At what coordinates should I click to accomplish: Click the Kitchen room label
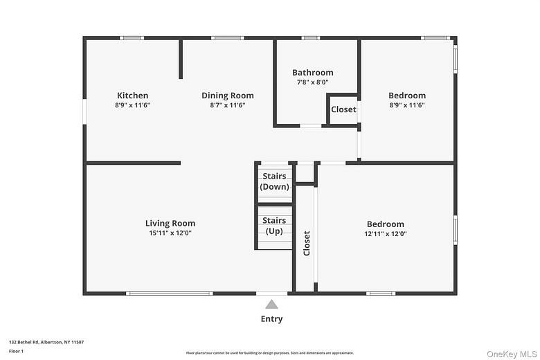(x=132, y=96)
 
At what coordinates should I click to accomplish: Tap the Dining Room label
(x=227, y=96)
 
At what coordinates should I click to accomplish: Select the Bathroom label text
(x=312, y=72)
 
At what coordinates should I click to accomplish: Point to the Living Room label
(x=170, y=223)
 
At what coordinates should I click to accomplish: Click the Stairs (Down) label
(x=274, y=181)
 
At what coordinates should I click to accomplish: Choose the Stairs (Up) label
(x=274, y=225)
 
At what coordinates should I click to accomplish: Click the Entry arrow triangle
(x=272, y=304)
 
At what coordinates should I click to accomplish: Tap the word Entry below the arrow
(x=271, y=319)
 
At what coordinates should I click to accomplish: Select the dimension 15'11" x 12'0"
(x=170, y=233)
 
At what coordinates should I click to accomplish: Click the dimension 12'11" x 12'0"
(x=386, y=234)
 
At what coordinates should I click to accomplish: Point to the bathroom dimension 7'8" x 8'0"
(x=312, y=82)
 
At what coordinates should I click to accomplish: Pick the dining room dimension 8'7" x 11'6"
(x=227, y=105)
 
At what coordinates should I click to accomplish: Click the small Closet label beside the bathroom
(x=343, y=109)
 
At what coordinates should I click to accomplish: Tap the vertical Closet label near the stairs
(x=307, y=243)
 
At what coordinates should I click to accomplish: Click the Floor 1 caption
(x=17, y=352)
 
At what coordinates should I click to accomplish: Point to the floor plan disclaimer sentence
(x=270, y=352)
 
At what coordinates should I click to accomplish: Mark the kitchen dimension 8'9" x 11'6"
(x=132, y=105)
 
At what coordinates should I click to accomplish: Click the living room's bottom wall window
(x=170, y=294)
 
